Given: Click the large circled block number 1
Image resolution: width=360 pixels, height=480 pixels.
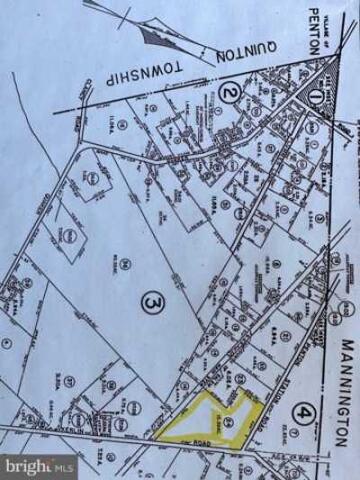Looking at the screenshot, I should [315, 93].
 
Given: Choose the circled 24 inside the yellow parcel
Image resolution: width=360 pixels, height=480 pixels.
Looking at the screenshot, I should [229, 421].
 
